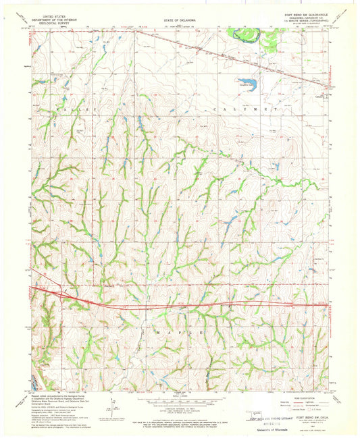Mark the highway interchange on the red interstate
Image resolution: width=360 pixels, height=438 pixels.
tap(66, 292)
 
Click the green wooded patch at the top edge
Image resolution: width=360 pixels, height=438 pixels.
tap(272, 39)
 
